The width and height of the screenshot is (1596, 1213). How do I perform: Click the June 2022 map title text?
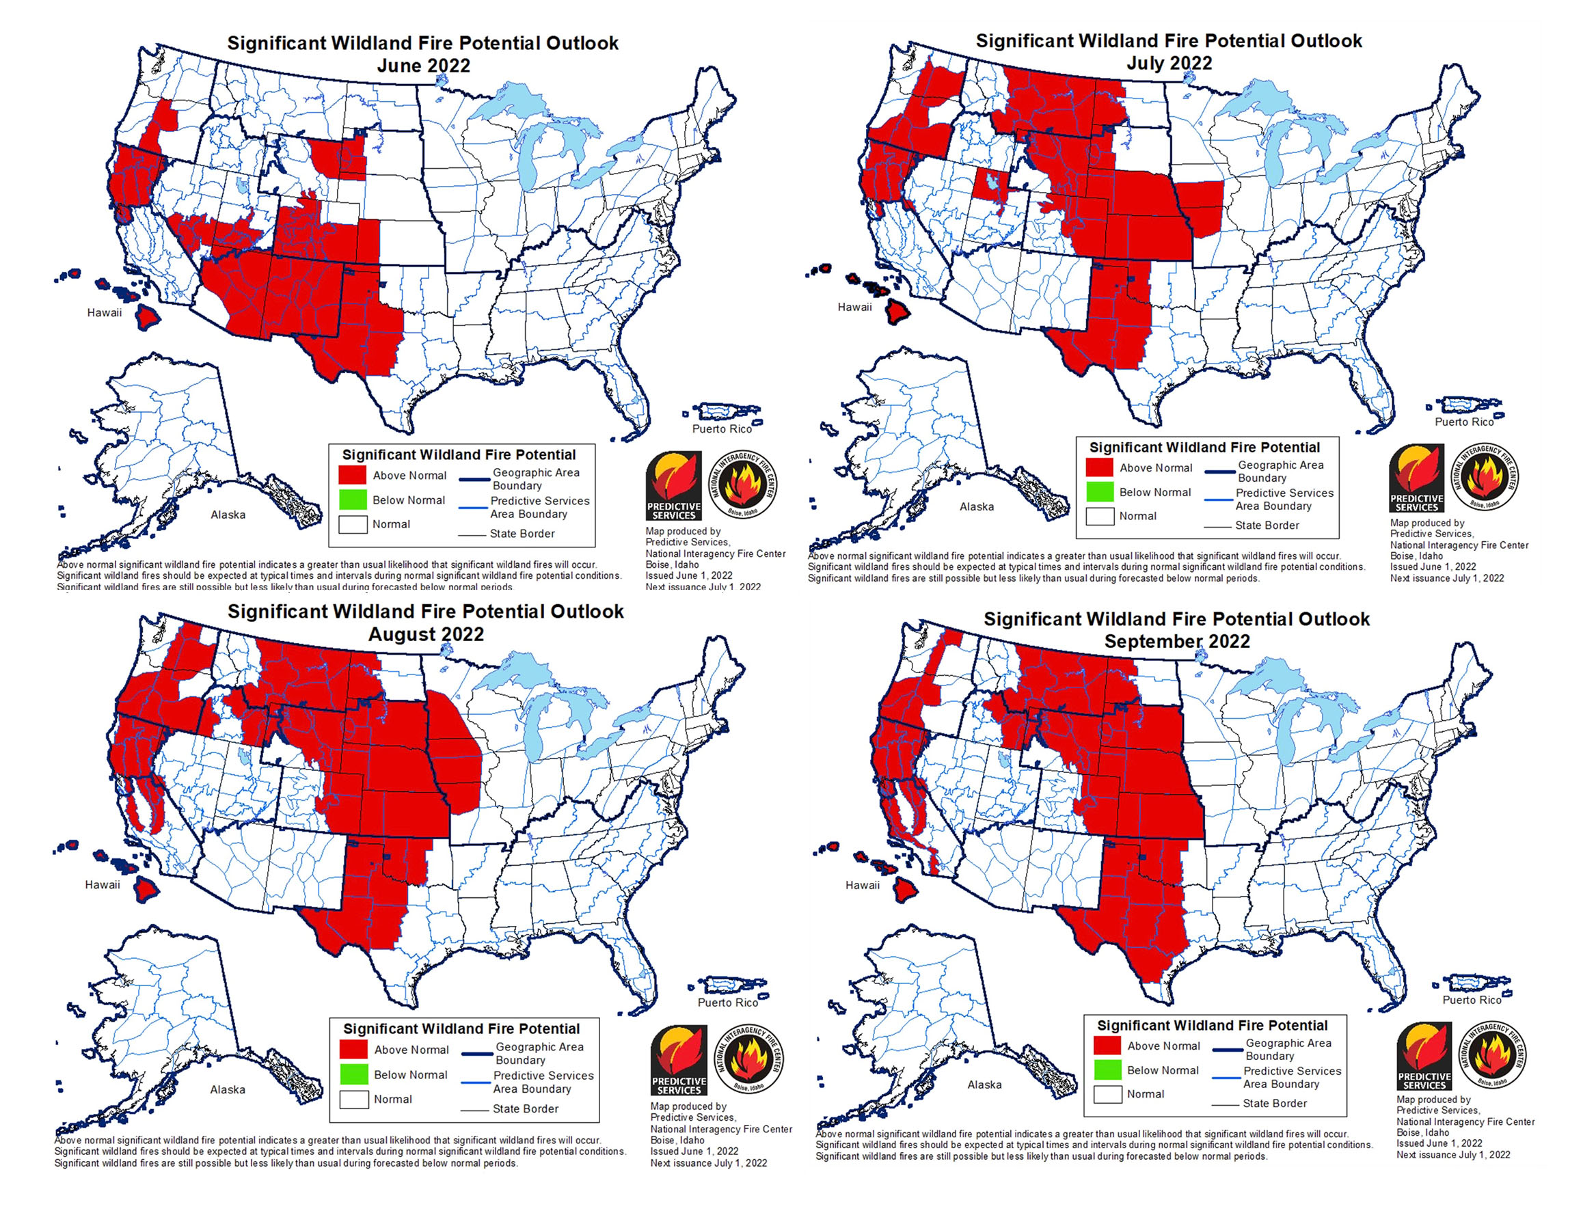(422, 43)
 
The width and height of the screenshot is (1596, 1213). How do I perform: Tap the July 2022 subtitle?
(1169, 64)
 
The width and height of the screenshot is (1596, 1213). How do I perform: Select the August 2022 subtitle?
(425, 635)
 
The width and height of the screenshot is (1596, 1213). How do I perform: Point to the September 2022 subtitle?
(1176, 642)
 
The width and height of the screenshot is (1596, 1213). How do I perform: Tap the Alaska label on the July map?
(976, 507)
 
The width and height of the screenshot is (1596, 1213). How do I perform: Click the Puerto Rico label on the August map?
(727, 1003)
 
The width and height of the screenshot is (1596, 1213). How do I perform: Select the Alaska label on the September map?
(984, 1085)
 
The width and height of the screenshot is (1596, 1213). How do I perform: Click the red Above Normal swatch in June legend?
(353, 475)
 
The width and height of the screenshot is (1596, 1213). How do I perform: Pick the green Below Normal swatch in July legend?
(1099, 492)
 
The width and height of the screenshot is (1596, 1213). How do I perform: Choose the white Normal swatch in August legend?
(354, 1099)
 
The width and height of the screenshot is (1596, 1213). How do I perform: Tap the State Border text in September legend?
(1275, 1103)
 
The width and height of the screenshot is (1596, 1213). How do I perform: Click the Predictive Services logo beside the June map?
(673, 485)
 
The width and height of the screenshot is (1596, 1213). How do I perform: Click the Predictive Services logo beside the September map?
(1423, 1055)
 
